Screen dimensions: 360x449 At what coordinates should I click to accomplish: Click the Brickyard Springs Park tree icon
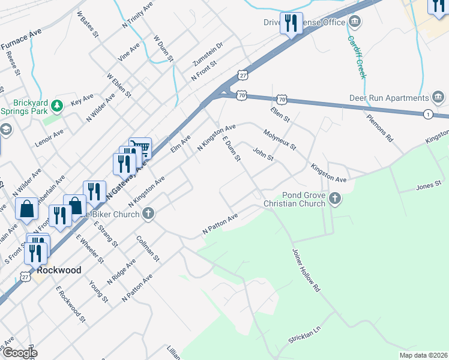(x=57, y=106)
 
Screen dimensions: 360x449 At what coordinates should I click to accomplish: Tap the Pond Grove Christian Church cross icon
(x=335, y=197)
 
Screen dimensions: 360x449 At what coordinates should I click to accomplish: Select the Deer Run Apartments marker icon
(x=438, y=97)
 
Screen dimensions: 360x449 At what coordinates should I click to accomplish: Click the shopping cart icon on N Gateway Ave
(x=140, y=147)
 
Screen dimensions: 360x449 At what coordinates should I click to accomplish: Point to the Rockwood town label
(x=59, y=270)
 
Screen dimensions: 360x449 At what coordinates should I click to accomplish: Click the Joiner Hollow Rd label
(x=307, y=270)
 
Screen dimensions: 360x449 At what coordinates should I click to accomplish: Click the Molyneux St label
(x=280, y=139)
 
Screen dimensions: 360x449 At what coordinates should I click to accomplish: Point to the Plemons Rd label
(x=381, y=127)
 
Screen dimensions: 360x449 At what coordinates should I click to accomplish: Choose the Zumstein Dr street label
(x=207, y=54)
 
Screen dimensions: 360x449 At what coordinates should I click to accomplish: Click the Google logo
(x=20, y=353)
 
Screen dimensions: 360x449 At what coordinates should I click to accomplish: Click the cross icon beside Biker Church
(x=148, y=213)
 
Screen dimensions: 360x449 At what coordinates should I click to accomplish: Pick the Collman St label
(x=148, y=248)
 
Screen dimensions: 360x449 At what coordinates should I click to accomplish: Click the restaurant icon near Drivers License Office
(x=291, y=23)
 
